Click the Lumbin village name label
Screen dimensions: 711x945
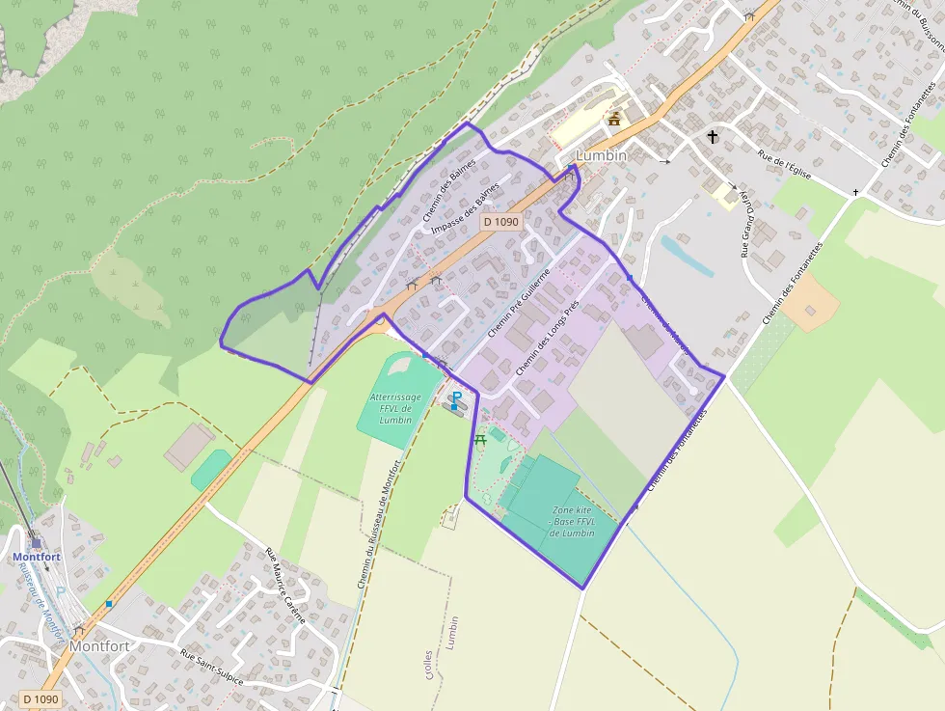(601, 155)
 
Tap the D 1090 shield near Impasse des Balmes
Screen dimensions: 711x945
(500, 222)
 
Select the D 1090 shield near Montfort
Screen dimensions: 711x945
(40, 699)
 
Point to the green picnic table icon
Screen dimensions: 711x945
(479, 439)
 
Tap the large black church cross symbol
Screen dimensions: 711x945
(713, 137)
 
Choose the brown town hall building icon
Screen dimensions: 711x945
(614, 119)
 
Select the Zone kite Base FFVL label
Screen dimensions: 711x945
(573, 521)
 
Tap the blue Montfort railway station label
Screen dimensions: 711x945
(37, 557)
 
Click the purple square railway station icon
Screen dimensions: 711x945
(36, 542)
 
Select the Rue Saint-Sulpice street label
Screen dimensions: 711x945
(212, 667)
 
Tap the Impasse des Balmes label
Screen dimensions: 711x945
(466, 207)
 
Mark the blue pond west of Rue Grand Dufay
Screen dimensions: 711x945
(687, 256)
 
